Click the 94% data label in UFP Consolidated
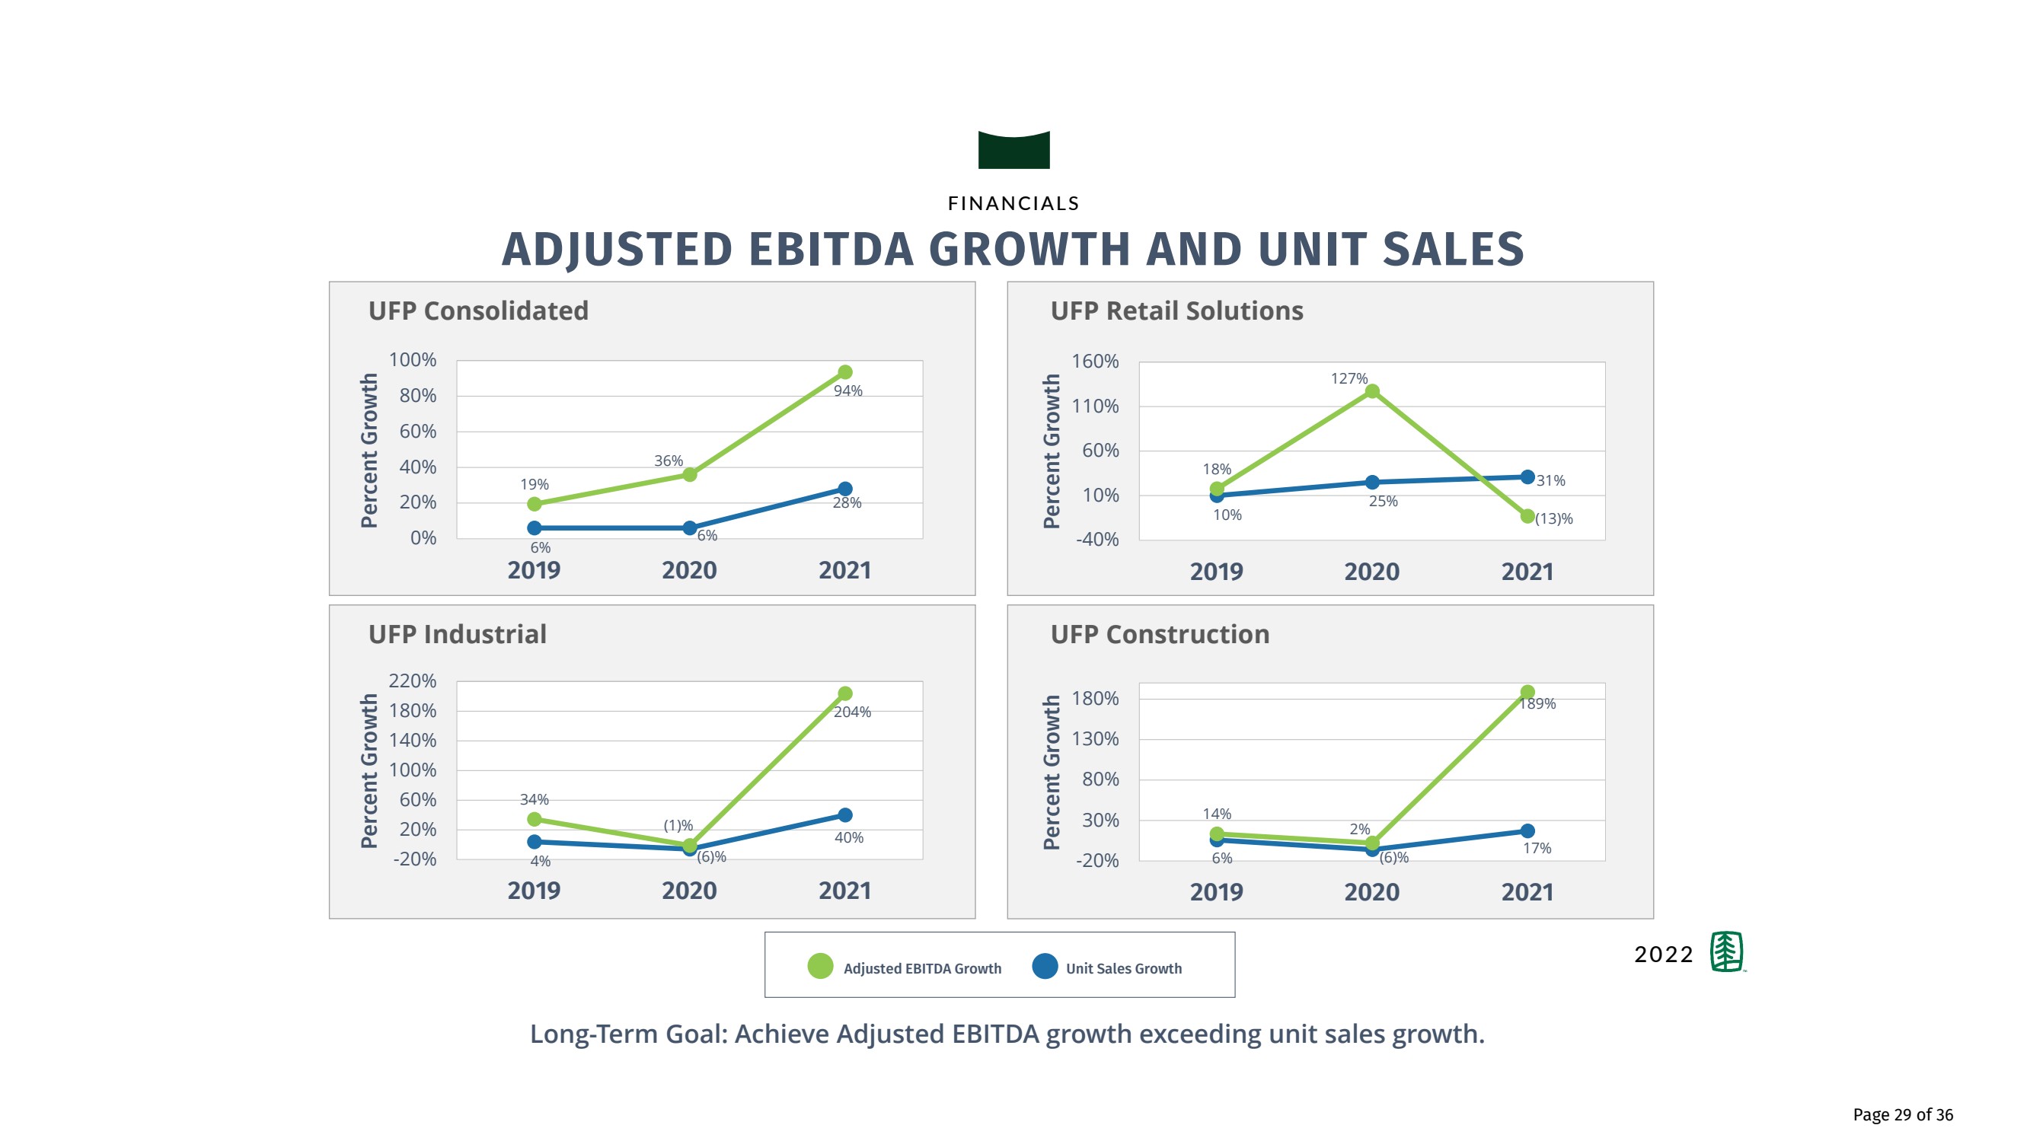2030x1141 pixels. coord(848,390)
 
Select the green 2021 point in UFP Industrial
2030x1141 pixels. coord(844,693)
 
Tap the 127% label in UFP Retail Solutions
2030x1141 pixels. coord(1349,379)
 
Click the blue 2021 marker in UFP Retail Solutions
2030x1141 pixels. coord(1527,476)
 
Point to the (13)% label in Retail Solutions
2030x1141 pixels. coord(1553,518)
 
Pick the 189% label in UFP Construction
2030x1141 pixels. coord(1538,703)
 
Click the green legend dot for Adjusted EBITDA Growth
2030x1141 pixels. coord(820,966)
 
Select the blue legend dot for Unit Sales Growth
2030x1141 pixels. coord(1045,966)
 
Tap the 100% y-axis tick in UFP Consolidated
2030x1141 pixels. coord(412,360)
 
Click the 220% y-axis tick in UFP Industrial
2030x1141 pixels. coord(412,680)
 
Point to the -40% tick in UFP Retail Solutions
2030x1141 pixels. coord(1097,540)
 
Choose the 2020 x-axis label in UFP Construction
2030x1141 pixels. coord(1371,892)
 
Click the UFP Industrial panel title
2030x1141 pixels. coord(457,634)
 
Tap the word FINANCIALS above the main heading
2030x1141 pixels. coord(1013,203)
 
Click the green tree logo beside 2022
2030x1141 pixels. coord(1726,952)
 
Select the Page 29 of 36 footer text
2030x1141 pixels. coord(1902,1114)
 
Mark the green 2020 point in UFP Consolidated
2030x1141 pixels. coord(690,474)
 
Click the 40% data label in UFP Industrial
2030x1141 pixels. coord(849,837)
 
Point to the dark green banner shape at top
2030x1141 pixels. coord(1013,151)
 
